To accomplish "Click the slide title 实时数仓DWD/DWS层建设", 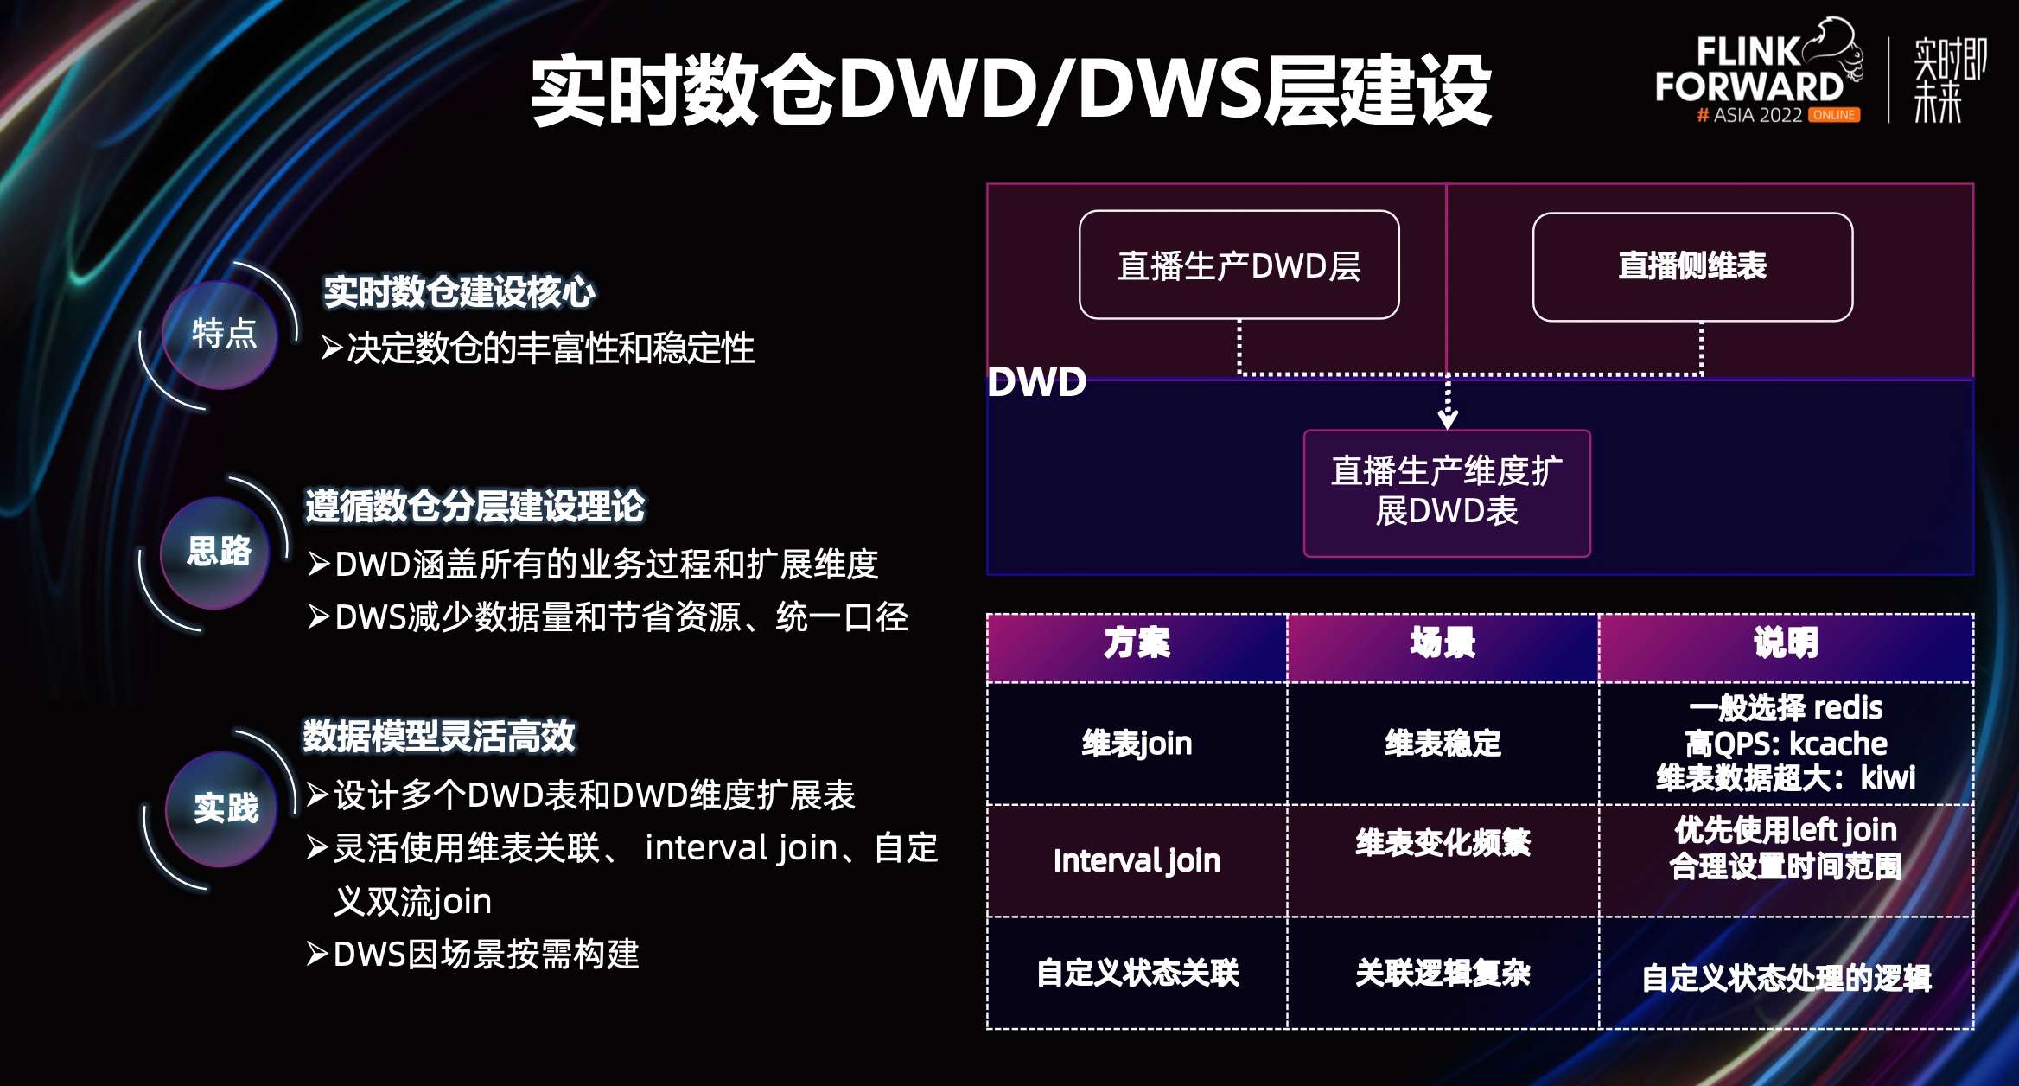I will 1010,90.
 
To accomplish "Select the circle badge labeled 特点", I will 221,334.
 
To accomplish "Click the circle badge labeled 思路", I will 218,552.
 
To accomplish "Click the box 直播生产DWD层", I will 1239,265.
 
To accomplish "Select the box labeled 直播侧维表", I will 1691,266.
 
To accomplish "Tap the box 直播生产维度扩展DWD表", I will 1446,492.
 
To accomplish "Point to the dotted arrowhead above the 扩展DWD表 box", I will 1448,419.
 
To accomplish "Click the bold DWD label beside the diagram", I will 1036,381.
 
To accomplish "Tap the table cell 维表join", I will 1137,744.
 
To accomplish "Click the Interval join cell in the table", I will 1137,861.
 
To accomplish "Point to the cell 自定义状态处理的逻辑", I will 1786,978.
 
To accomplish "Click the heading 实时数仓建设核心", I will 459,292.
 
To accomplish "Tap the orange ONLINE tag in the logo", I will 1833,115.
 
